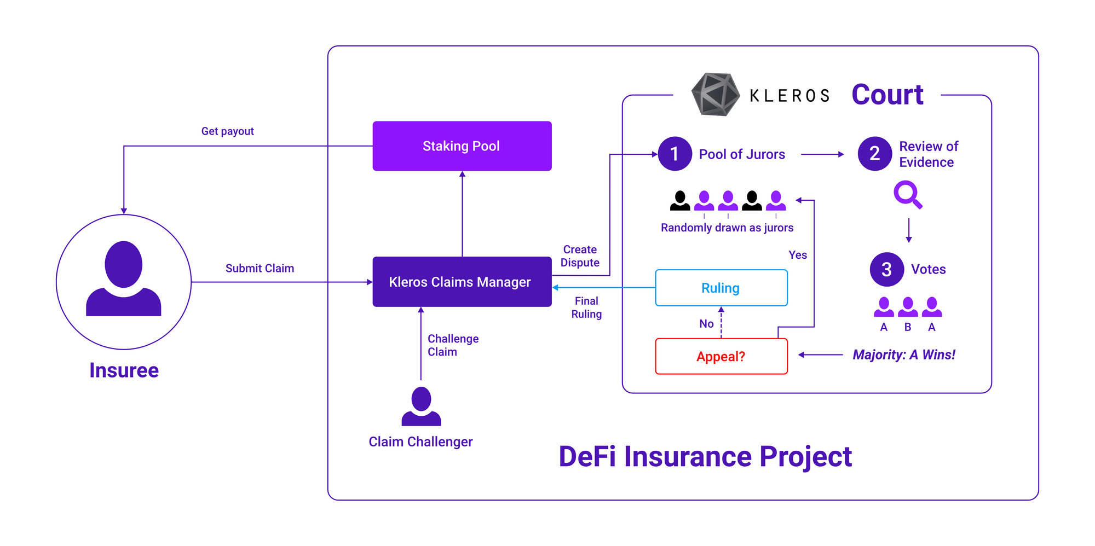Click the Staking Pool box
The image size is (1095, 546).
(462, 146)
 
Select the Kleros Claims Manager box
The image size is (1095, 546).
(462, 282)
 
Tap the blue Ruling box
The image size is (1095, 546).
(721, 288)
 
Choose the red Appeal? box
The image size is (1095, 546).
(721, 356)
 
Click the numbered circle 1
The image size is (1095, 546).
(675, 154)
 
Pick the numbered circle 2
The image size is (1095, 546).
(874, 154)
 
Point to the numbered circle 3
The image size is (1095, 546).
(886, 269)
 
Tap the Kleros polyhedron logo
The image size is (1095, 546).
(715, 94)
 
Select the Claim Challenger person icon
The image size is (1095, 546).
(421, 406)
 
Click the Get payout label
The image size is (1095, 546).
(227, 131)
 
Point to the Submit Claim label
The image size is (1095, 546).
(260, 269)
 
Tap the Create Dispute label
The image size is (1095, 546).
(580, 256)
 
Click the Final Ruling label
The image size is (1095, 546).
(586, 307)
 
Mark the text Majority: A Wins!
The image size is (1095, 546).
(904, 355)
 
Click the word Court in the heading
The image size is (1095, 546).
(887, 95)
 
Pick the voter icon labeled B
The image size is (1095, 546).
(908, 307)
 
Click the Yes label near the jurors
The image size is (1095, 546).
(798, 255)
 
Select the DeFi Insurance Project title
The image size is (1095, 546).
(705, 456)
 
